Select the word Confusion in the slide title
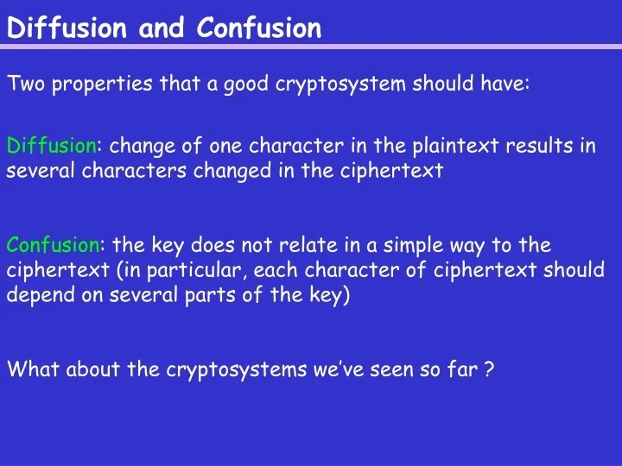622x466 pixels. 259,28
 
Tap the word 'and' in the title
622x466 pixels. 162,28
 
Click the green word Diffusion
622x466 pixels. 52,145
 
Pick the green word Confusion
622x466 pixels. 54,245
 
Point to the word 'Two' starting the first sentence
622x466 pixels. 23,84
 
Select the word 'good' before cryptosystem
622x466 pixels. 245,84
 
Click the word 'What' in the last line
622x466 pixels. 33,370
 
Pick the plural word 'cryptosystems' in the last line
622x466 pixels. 222,370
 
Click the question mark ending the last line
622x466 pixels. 489,370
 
